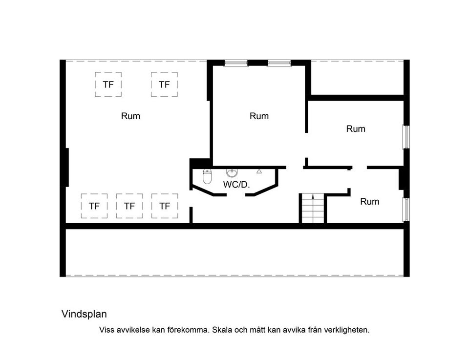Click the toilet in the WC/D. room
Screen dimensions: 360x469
[207, 177]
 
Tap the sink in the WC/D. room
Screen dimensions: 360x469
[232, 173]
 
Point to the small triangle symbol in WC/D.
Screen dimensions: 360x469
[259, 171]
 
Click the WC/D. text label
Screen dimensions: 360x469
[236, 185]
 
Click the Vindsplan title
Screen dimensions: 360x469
[84, 314]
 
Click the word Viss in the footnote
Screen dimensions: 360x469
[107, 330]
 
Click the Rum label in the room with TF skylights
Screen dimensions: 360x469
[130, 116]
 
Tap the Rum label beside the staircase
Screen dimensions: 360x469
[369, 201]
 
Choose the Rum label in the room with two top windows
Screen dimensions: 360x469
[259, 116]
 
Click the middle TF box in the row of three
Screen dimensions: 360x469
[129, 206]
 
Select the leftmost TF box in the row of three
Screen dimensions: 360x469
[94, 206]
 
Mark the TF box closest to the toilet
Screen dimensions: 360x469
[165, 206]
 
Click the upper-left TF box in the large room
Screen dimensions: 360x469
[108, 85]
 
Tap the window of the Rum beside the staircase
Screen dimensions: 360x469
[406, 210]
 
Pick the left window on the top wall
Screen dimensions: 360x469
[235, 63]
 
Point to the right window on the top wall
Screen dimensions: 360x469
[279, 63]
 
